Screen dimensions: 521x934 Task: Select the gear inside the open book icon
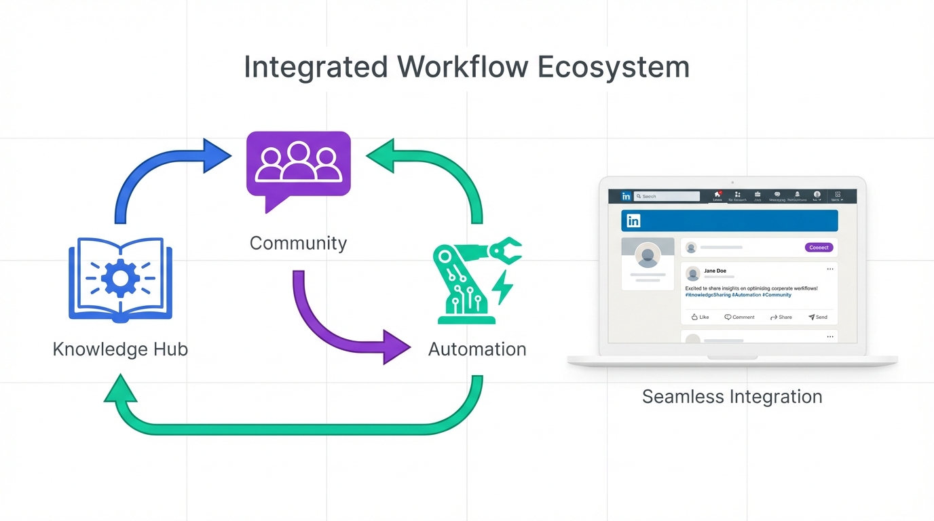click(121, 277)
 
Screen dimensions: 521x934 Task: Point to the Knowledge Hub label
click(120, 349)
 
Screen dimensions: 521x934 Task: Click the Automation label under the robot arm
click(477, 349)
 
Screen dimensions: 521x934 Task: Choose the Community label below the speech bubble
click(298, 243)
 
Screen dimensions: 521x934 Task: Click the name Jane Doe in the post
click(715, 271)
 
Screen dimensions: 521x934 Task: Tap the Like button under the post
click(700, 317)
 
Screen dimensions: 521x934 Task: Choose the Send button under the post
click(818, 317)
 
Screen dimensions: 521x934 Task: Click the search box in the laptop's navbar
click(667, 196)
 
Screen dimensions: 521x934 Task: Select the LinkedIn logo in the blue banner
click(633, 221)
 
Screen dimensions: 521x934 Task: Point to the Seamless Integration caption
click(732, 397)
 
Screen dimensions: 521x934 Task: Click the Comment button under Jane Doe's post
click(739, 317)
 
